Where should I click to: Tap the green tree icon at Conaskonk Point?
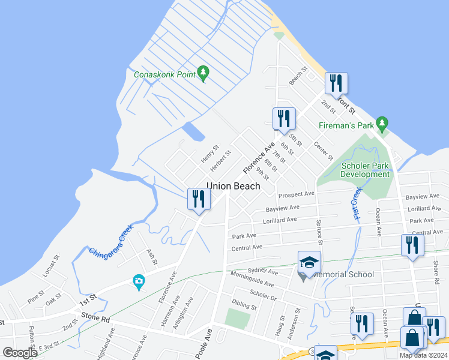click(203, 73)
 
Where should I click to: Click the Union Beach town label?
click(234, 186)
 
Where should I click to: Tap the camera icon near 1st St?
click(139, 281)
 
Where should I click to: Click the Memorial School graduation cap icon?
click(309, 262)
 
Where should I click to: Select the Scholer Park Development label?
click(365, 170)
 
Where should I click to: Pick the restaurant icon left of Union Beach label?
click(199, 199)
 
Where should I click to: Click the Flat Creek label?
click(357, 203)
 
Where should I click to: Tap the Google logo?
click(20, 353)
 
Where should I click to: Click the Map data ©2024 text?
click(423, 355)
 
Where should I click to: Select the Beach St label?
click(297, 76)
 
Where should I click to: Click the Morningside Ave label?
click(252, 279)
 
